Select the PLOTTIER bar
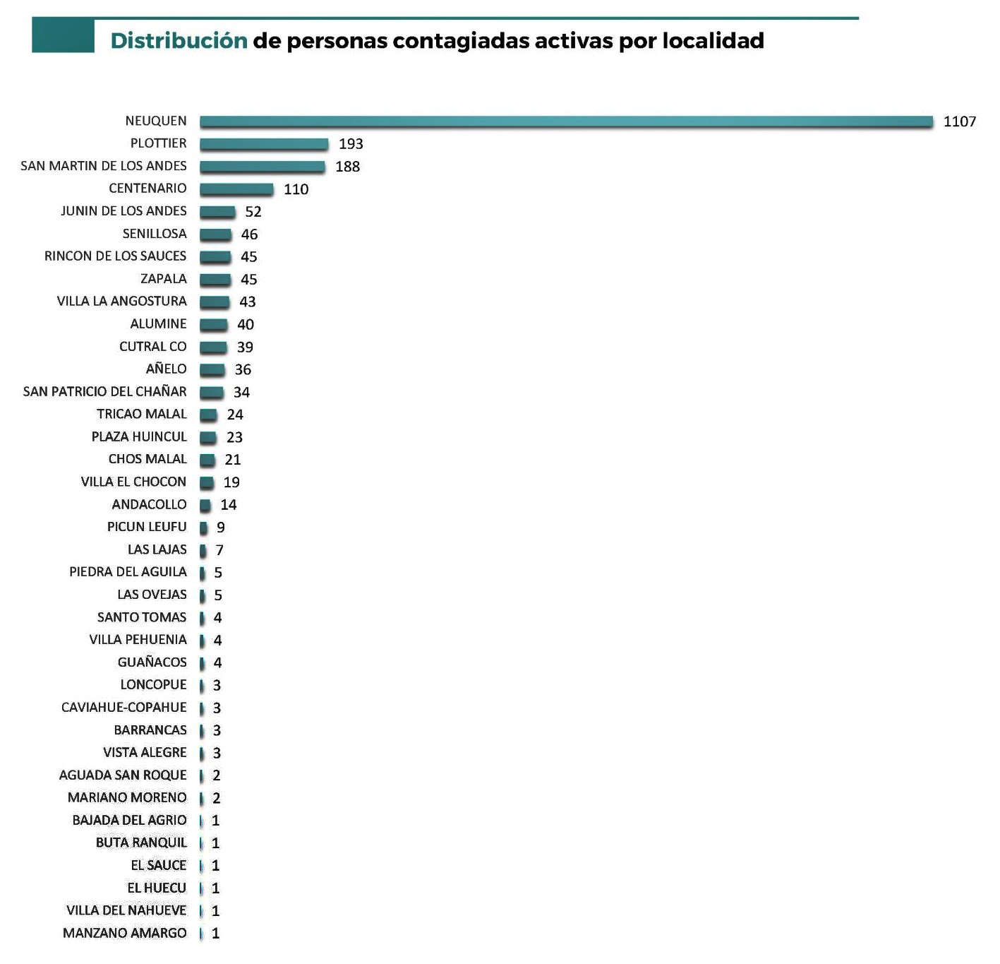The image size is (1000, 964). point(264,144)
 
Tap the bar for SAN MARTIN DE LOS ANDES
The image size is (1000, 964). point(262,167)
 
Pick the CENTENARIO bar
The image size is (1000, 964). point(236,189)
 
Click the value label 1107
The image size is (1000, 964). point(959,121)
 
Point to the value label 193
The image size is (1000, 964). point(351,144)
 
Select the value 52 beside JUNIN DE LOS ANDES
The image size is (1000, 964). point(253,212)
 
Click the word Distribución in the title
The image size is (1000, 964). point(179,40)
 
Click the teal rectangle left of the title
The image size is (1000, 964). point(63,36)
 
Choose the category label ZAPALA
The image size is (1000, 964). point(163,279)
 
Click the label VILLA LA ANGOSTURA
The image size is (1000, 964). point(121,302)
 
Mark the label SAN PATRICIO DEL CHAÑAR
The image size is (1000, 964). point(104,392)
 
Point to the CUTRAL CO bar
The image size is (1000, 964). point(213,347)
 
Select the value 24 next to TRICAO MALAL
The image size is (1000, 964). point(235,415)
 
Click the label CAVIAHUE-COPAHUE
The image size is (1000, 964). point(124,708)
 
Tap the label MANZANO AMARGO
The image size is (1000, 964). point(124,934)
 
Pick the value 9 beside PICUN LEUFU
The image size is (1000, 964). point(221,528)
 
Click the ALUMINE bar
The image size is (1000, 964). point(213,325)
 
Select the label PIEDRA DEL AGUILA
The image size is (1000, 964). point(128,572)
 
